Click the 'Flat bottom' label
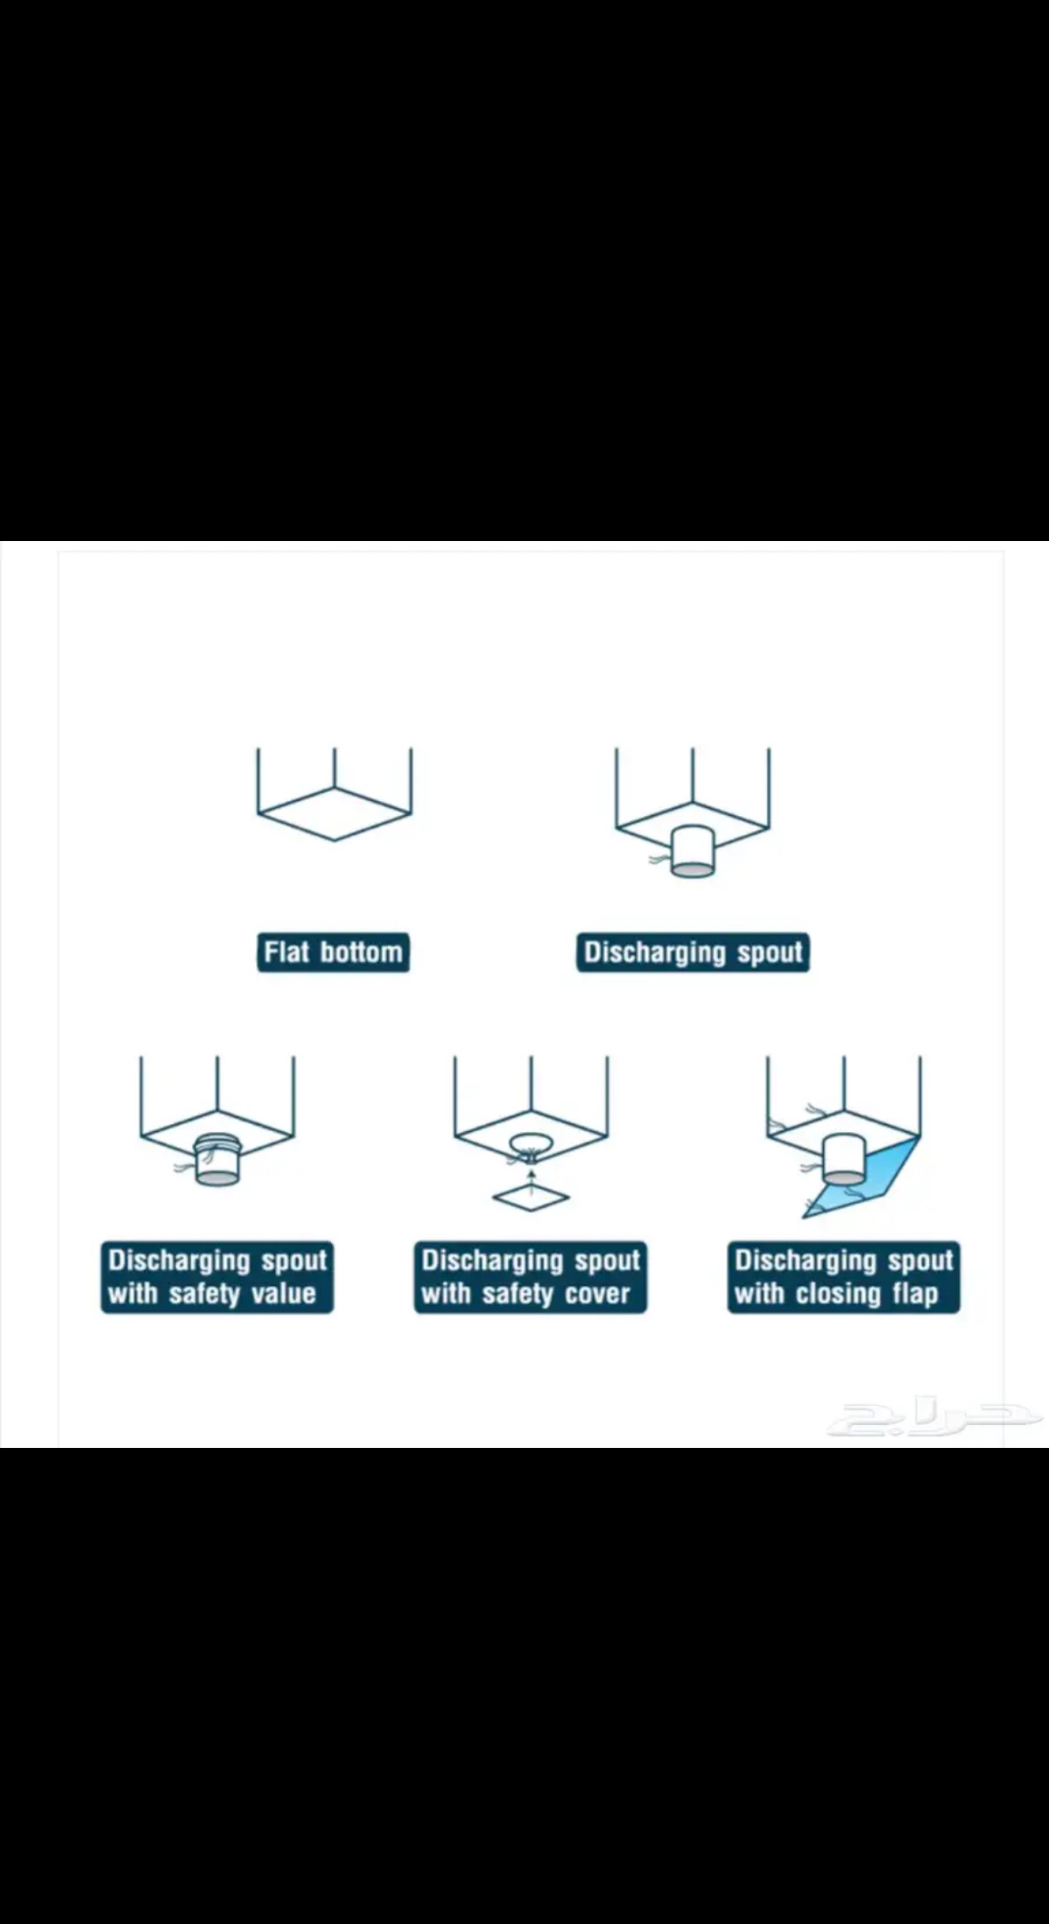click(x=334, y=952)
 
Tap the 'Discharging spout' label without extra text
click(x=693, y=952)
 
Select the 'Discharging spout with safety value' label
click(x=217, y=1277)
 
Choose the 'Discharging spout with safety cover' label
click(x=530, y=1277)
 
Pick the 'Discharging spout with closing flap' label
click(x=843, y=1277)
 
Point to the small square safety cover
click(x=531, y=1198)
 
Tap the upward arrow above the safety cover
click(x=531, y=1176)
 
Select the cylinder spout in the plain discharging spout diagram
click(x=692, y=853)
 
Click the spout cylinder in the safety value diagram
click(x=217, y=1159)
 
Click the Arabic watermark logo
click(x=934, y=1419)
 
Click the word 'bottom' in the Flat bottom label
click(x=362, y=952)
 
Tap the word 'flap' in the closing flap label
click(x=914, y=1294)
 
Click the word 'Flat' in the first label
click(x=286, y=952)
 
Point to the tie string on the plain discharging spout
click(x=660, y=861)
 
